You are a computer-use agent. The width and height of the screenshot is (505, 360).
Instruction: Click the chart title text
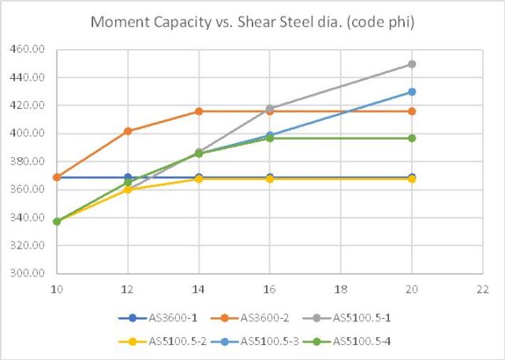tap(252, 21)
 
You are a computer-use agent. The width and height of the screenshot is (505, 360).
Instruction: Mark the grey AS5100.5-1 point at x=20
tap(412, 64)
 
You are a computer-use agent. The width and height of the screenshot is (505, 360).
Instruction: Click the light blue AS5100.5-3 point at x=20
tap(412, 92)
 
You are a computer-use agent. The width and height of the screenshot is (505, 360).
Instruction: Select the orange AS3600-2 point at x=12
tap(128, 131)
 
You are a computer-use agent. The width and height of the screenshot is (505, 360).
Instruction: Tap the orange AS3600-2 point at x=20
tap(412, 111)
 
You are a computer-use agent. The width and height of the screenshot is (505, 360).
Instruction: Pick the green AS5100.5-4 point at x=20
tap(412, 138)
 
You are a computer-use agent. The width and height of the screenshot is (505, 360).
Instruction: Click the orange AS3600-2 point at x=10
tap(57, 178)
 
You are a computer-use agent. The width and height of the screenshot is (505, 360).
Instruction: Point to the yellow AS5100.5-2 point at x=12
tap(128, 189)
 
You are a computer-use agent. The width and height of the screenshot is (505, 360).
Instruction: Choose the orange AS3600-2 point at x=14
tap(199, 111)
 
